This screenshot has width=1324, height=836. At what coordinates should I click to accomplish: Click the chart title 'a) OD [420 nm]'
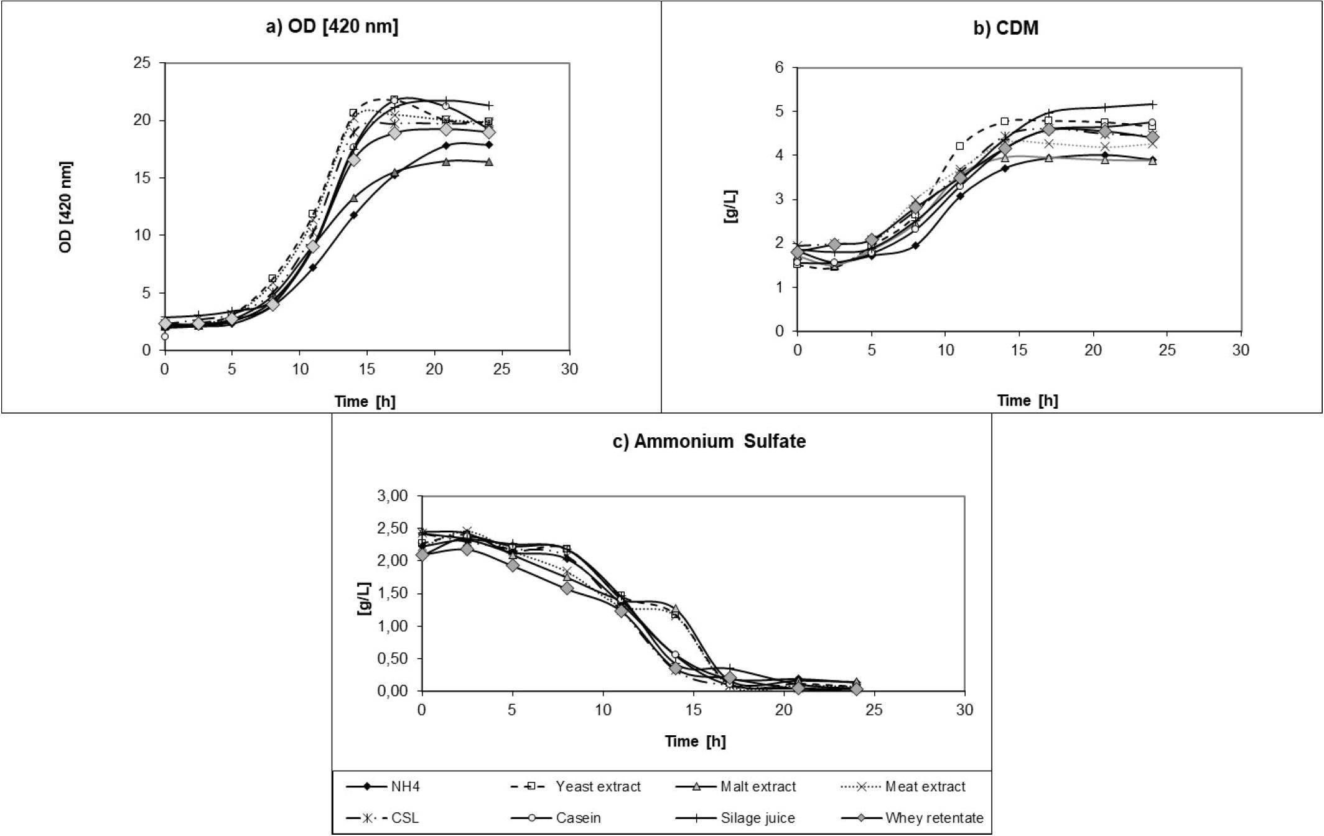[332, 27]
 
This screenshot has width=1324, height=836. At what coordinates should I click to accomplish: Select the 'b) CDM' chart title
[1006, 28]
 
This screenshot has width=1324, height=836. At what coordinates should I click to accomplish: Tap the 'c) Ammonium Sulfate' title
[709, 441]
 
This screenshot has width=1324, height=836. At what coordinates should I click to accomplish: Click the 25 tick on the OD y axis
[142, 63]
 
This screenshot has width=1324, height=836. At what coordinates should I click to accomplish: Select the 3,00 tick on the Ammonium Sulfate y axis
[392, 496]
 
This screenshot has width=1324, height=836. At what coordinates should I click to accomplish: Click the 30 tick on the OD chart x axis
[569, 369]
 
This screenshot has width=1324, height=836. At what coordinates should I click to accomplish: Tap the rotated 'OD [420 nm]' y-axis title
[66, 207]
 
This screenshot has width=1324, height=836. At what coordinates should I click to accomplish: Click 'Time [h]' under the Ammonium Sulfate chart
[695, 741]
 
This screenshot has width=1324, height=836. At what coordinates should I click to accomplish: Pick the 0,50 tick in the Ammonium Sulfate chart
[392, 659]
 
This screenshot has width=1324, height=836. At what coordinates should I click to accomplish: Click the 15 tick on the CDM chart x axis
[1019, 350]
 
